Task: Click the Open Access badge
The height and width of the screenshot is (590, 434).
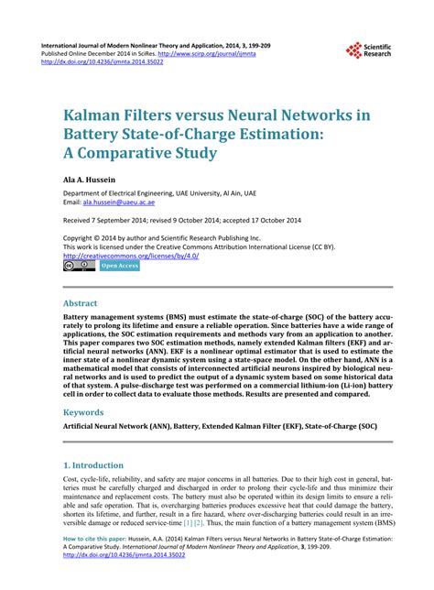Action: coord(119,266)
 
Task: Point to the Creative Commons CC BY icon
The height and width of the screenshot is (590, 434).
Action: coord(78,266)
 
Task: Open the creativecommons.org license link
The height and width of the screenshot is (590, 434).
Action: coord(131,256)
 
